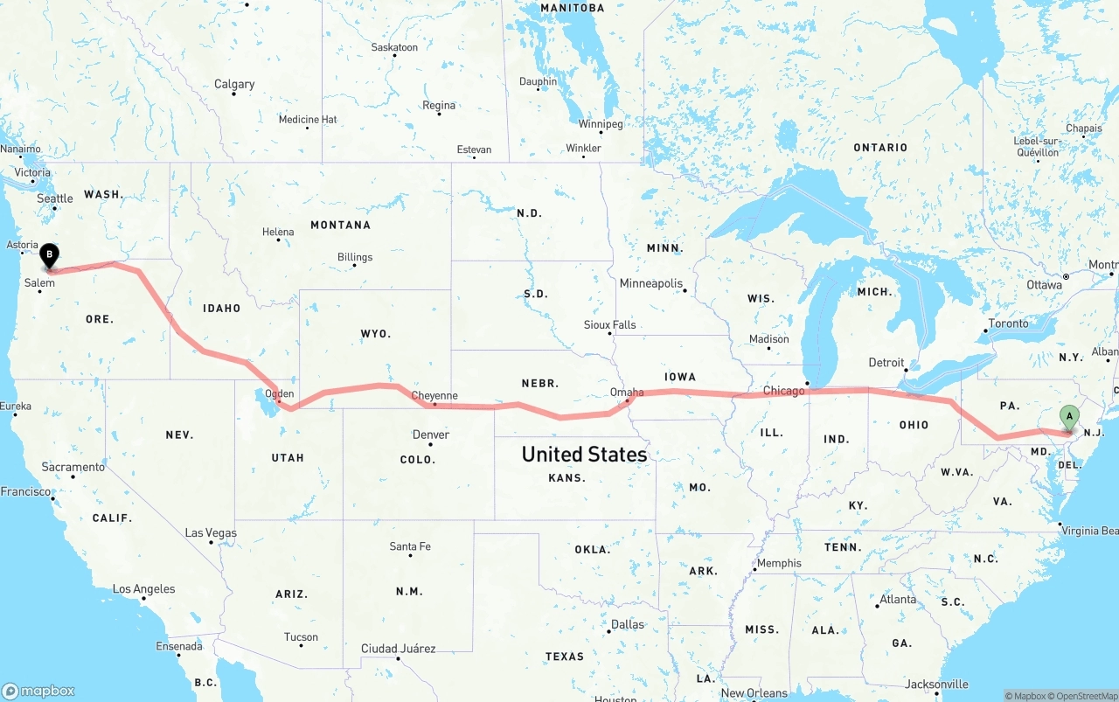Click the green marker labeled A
(1068, 417)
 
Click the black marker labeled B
(50, 256)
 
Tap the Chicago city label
(783, 391)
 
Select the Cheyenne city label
(434, 396)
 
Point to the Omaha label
(627, 392)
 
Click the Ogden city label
(280, 393)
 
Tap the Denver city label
(431, 434)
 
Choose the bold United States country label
(584, 454)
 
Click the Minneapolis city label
(651, 283)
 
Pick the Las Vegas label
(211, 532)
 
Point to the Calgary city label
(234, 85)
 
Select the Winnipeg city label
(601, 124)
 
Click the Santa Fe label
(410, 546)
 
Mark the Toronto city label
(1009, 323)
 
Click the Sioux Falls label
(610, 324)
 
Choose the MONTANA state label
(340, 225)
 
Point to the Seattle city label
(55, 198)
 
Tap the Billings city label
(355, 257)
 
